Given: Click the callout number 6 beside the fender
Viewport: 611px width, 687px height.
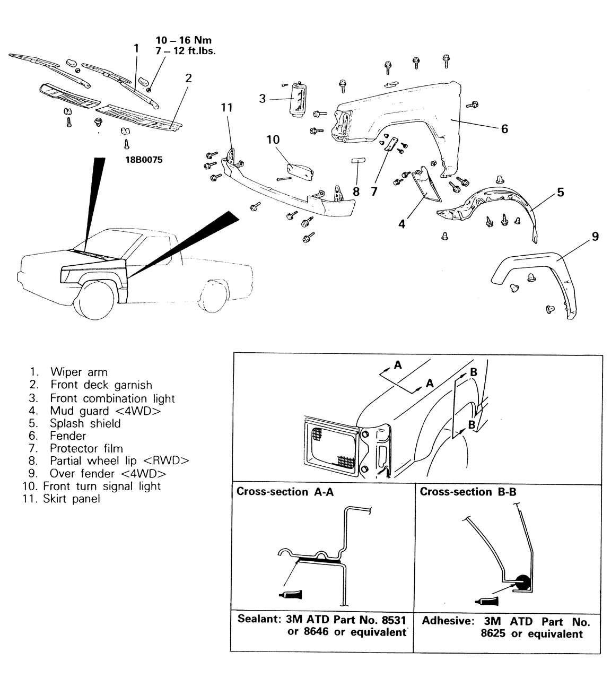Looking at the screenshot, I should [504, 129].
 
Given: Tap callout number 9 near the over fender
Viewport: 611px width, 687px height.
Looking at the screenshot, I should [595, 237].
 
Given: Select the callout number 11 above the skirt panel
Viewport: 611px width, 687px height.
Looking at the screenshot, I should [227, 108].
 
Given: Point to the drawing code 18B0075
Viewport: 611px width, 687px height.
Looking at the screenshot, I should [144, 160].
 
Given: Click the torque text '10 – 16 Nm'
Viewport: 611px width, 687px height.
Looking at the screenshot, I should [184, 41].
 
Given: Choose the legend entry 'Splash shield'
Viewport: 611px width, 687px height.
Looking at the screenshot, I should [85, 423].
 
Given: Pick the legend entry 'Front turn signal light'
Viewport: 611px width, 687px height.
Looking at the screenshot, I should [101, 486].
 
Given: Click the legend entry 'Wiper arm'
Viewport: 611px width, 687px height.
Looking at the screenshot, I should [78, 372].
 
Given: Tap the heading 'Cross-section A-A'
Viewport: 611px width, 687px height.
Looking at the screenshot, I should [285, 492].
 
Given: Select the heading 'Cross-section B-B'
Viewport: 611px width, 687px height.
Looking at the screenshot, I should [468, 492].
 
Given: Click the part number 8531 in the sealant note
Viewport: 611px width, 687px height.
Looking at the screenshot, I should [394, 620].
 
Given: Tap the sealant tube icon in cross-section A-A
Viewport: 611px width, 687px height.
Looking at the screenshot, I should [290, 594].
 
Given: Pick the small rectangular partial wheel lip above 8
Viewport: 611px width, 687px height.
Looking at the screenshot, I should [355, 161].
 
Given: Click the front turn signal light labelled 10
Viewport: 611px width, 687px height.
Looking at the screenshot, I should [300, 170].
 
